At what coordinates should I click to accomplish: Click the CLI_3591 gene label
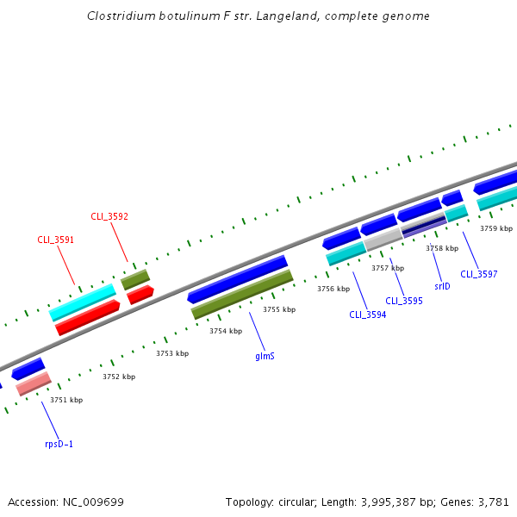55,240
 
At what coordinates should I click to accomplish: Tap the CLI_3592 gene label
109,216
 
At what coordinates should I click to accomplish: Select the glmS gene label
265,355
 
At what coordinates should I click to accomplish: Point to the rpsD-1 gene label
59,445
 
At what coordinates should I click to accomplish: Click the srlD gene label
443,286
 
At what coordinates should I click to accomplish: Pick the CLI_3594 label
367,315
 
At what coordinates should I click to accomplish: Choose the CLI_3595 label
403,301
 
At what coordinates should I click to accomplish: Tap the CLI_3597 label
478,274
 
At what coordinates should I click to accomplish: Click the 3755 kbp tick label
279,309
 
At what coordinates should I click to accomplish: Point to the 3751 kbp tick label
66,400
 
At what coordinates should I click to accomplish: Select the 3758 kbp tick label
441,248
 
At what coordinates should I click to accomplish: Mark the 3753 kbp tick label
172,353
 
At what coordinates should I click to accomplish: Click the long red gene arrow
87,316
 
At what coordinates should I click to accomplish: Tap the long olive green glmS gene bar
242,294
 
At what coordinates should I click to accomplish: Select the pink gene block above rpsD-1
34,383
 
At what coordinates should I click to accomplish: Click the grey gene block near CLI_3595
383,239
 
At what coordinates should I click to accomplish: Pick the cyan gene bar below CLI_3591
83,302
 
